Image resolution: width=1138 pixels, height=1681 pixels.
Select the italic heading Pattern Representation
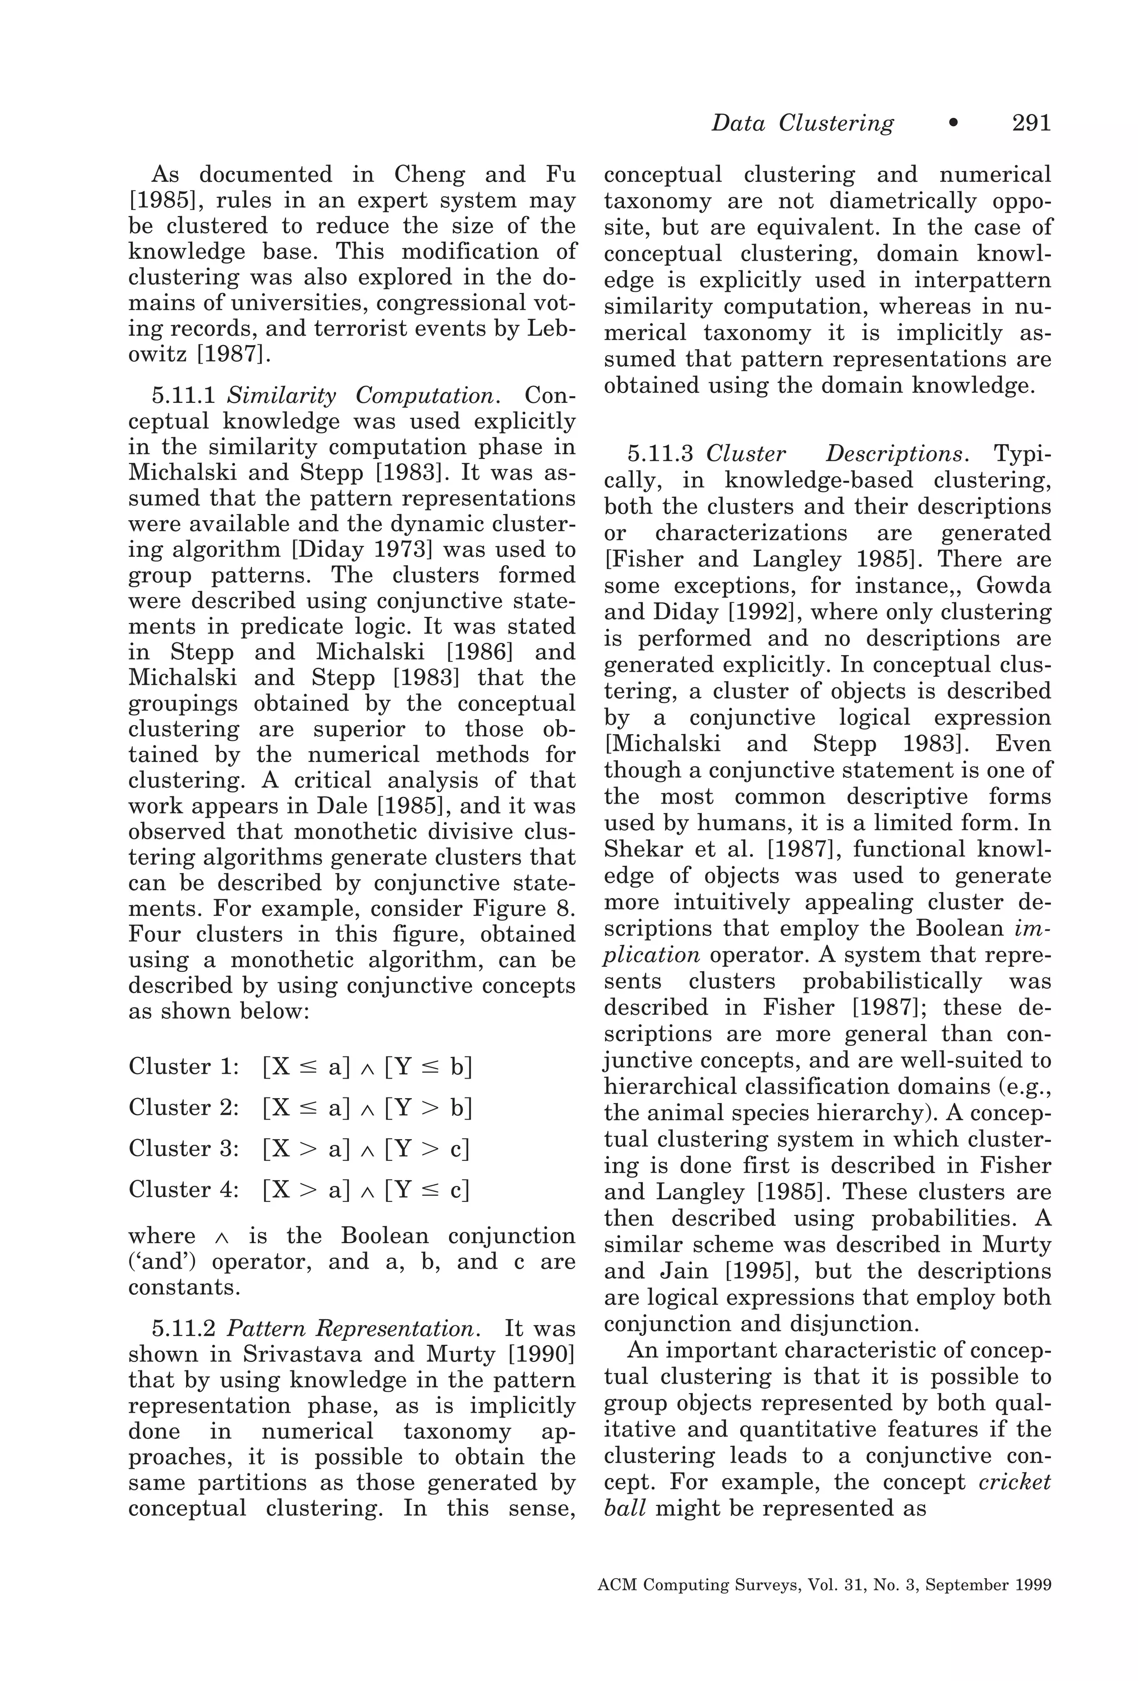pos(354,1329)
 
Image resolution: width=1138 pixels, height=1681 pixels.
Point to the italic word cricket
pos(1014,1482)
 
